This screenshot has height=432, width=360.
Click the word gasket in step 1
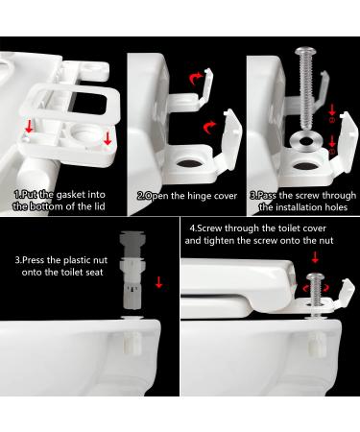coord(70,194)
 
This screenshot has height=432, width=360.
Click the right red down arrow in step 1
coord(106,140)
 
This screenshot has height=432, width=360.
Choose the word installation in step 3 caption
coord(284,205)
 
